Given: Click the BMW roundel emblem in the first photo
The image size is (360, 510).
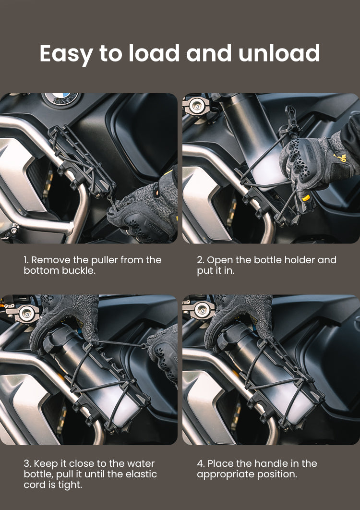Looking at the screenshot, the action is click(x=61, y=98).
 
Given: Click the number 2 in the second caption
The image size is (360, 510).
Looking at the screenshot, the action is click(x=200, y=260).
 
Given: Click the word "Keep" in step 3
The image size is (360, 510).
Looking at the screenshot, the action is click(x=45, y=464).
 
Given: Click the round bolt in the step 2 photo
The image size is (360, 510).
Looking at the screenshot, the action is click(x=196, y=105).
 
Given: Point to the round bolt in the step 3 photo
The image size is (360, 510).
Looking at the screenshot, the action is click(x=26, y=313).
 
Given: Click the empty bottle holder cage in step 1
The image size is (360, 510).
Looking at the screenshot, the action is click(x=82, y=160).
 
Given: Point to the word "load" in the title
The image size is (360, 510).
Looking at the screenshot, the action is click(x=154, y=53).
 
